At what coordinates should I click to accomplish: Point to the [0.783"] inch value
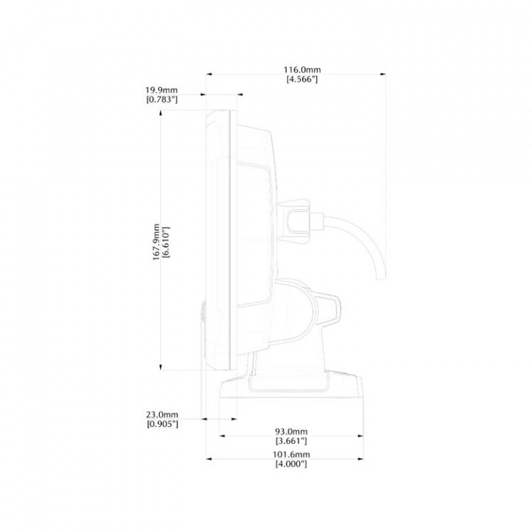pyautogui.click(x=163, y=99)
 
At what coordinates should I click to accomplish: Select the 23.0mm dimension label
pyautogui.click(x=163, y=415)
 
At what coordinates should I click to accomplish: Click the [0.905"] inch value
pyautogui.click(x=163, y=424)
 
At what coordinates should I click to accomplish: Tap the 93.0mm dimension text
pyautogui.click(x=291, y=431)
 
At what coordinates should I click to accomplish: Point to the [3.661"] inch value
pyautogui.click(x=291, y=440)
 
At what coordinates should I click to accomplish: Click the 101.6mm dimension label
pyautogui.click(x=291, y=454)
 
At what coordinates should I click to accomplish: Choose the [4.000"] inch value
pyautogui.click(x=291, y=464)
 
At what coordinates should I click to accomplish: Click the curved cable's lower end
pyautogui.click(x=380, y=278)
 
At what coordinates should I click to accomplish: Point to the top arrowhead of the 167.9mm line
pyautogui.click(x=161, y=117)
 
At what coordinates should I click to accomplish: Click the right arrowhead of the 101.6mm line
pyautogui.click(x=362, y=459)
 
